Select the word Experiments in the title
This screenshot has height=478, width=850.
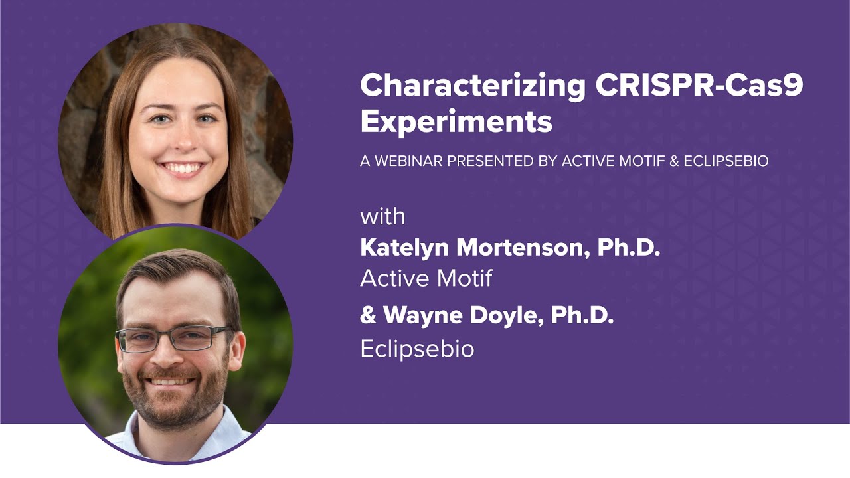point(456,122)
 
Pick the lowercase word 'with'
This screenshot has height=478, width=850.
point(382,217)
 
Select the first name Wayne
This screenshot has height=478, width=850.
point(423,316)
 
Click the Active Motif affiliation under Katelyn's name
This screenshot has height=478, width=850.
point(426,279)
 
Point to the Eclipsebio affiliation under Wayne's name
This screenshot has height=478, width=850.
point(417,349)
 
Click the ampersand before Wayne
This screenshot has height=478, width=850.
point(368,316)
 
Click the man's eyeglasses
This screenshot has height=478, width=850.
point(174,339)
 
